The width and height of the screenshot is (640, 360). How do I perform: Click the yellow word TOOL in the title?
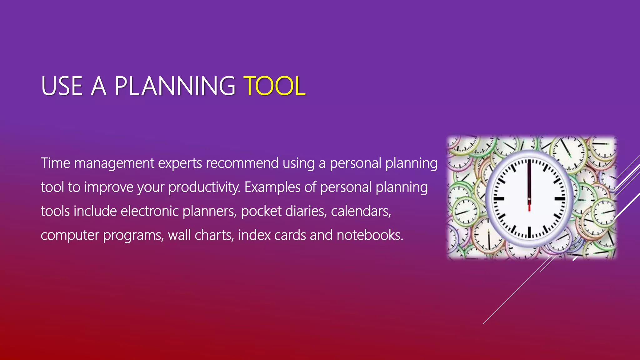[274, 86]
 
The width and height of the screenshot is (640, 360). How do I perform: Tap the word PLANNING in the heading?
[175, 86]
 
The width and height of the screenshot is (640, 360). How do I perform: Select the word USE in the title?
[62, 86]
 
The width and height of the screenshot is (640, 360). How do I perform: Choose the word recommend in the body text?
[242, 163]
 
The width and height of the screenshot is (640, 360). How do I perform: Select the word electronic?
[149, 211]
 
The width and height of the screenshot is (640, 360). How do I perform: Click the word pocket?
[261, 211]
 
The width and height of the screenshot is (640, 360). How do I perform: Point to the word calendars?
[361, 211]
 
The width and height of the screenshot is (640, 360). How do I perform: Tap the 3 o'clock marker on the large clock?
[560, 198]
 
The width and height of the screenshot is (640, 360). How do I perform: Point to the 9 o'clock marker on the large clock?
[499, 198]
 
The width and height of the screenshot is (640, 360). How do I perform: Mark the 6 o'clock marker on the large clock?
[529, 232]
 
